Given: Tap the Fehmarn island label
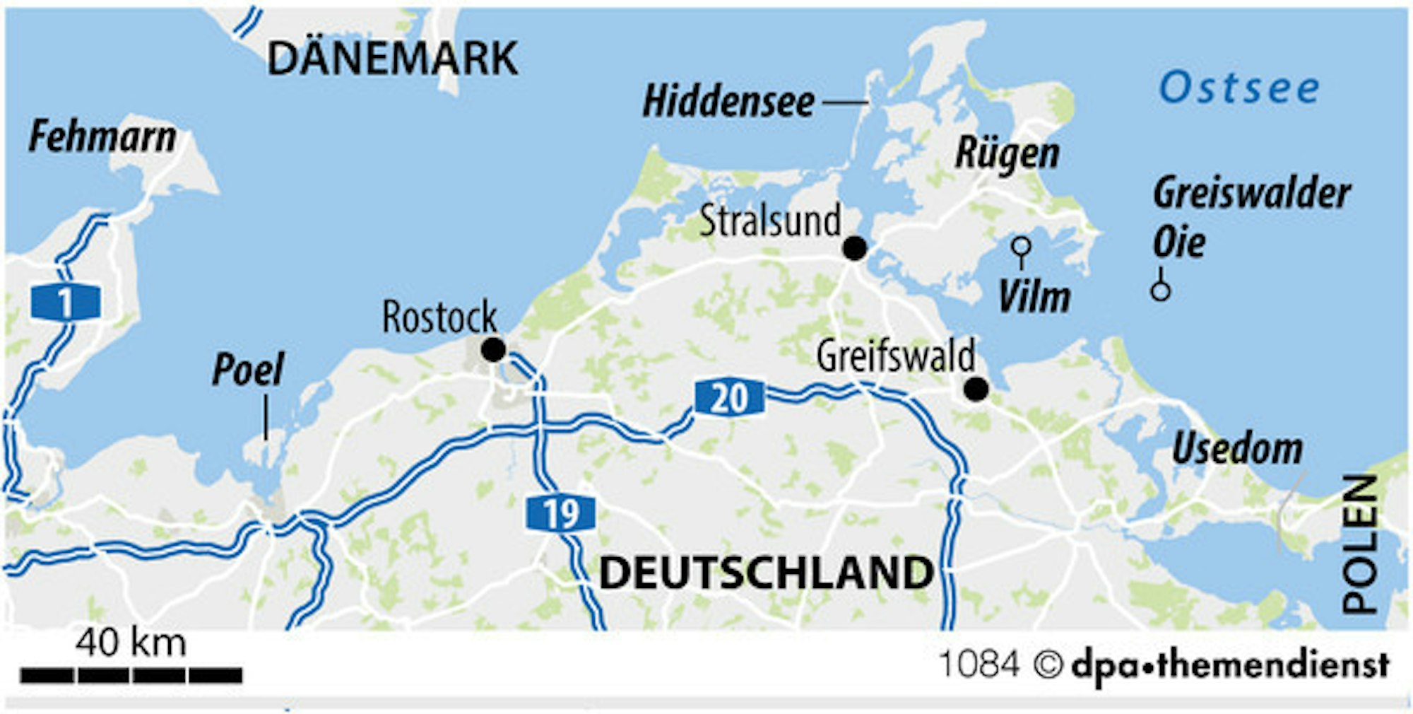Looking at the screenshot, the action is (102, 137).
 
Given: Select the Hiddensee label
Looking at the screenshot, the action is (728, 102).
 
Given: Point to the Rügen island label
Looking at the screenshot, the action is (1007, 153).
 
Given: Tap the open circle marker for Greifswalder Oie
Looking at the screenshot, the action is (1160, 290).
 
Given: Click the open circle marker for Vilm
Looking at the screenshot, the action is (1021, 247).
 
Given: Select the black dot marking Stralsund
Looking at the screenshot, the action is (855, 249).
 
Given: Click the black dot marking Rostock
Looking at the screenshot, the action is (493, 350).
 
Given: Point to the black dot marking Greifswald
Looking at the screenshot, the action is (976, 389).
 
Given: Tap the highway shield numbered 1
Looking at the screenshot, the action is (65, 303).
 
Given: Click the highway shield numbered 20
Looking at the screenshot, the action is (729, 397).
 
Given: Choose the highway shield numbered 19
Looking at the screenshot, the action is (561, 513).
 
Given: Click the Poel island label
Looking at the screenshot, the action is (248, 370).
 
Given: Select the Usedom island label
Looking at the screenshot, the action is (1237, 449).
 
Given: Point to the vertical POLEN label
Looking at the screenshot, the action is (1361, 544).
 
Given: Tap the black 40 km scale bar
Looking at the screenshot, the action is (131, 675).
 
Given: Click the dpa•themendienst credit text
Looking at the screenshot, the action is (1230, 665).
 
